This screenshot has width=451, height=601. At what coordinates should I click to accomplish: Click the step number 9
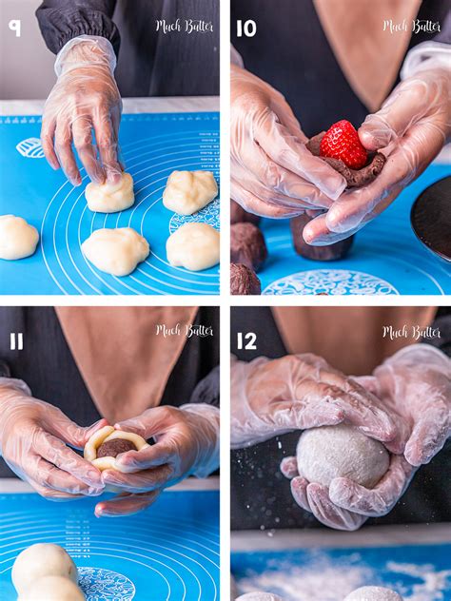coord(14,29)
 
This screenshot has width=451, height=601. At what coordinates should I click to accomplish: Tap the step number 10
coord(245,29)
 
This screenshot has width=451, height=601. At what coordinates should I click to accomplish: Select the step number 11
coord(16,341)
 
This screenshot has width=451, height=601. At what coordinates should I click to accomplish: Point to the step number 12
coord(246,341)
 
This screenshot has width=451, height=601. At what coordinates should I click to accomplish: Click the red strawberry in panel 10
coord(343,145)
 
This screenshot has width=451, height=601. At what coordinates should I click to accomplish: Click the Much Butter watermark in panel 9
coord(184,27)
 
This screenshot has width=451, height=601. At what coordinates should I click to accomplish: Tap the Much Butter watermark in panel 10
coord(411,27)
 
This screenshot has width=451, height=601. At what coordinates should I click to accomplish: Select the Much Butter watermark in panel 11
coord(184,330)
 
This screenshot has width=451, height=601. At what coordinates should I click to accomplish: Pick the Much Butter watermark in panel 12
coord(411,332)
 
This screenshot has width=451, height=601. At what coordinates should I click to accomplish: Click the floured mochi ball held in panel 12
coord(343,456)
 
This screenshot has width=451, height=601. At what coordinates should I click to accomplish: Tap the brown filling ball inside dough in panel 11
coord(115,447)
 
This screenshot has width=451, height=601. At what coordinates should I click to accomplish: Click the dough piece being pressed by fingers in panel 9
coord(109,193)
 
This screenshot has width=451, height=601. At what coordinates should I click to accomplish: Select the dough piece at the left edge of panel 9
coord(18,237)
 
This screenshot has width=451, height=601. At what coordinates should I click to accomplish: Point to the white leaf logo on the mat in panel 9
coord(29,147)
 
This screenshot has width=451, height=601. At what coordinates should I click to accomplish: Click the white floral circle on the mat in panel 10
coord(330,283)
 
